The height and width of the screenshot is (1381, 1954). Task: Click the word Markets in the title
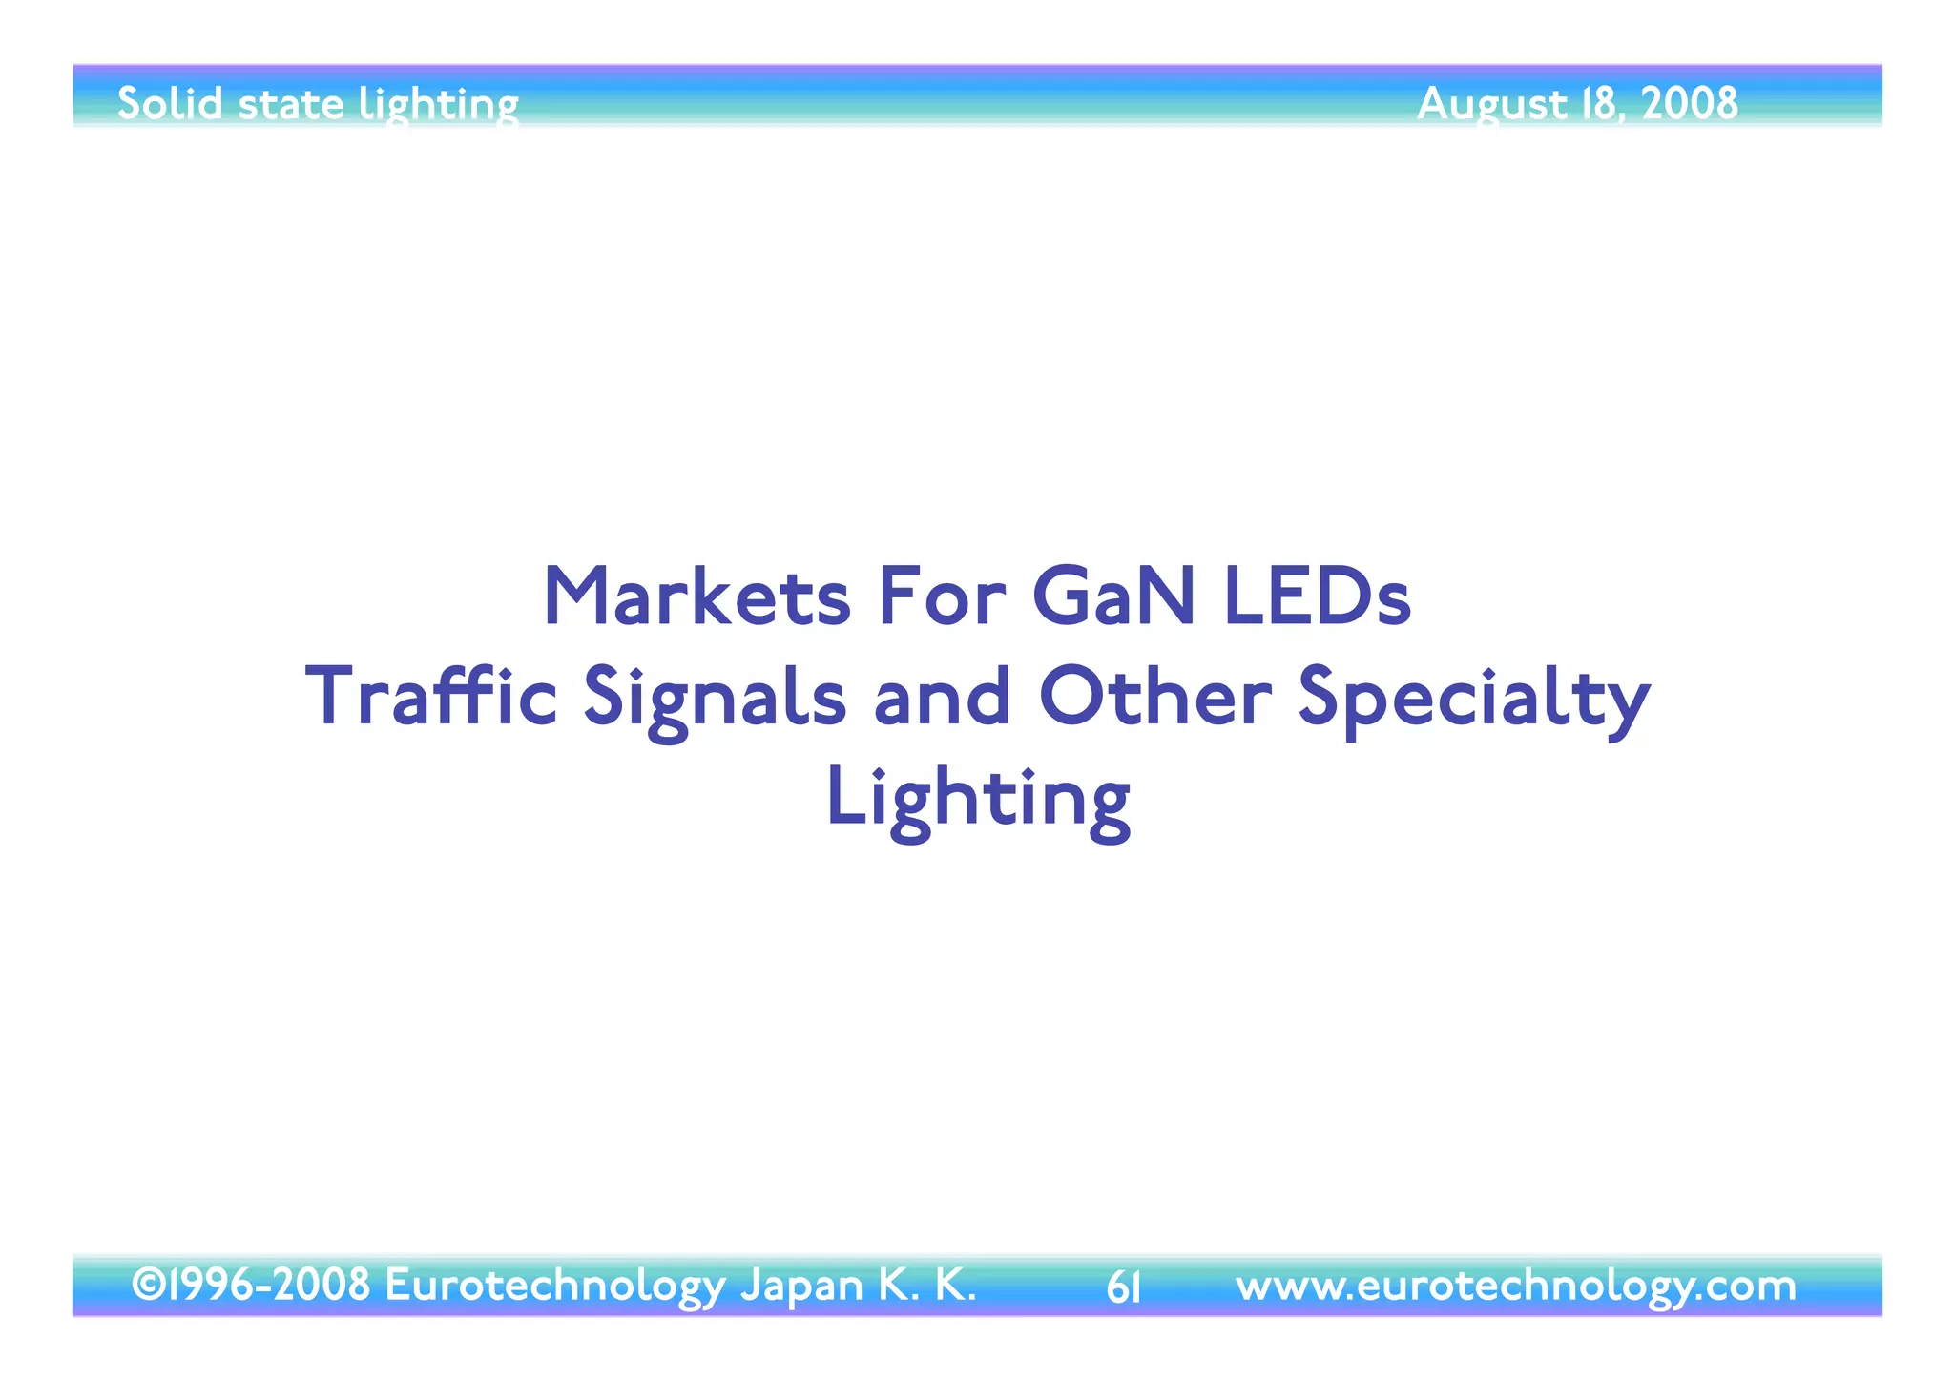[696, 598]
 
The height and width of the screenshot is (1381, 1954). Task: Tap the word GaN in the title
[1112, 598]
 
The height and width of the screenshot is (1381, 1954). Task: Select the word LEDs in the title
[1316, 598]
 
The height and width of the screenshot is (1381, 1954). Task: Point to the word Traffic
[430, 698]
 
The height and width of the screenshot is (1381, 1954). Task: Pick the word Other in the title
[1154, 698]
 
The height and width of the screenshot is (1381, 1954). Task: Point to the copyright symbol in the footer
[147, 1285]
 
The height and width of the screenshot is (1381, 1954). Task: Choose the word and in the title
[942, 698]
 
